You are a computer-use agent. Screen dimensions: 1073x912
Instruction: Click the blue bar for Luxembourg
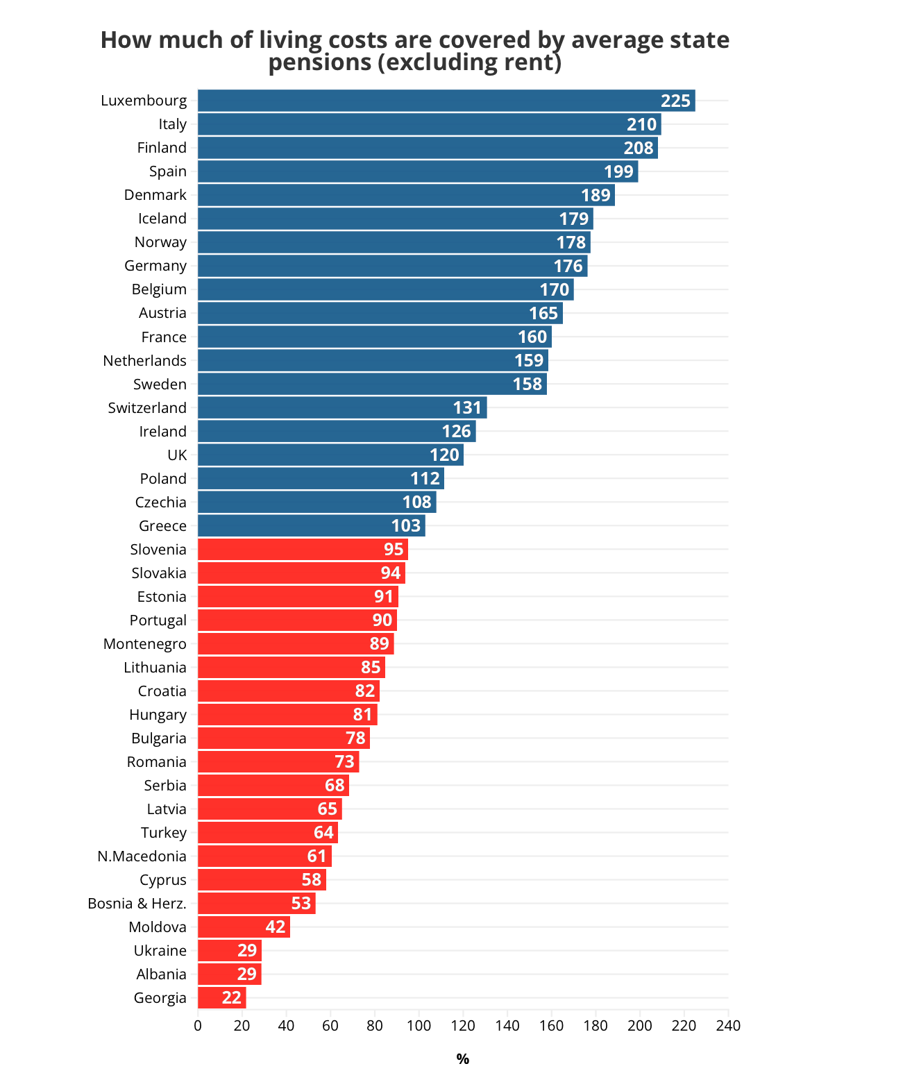point(444,101)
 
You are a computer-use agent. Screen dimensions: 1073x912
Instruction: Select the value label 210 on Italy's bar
point(641,124)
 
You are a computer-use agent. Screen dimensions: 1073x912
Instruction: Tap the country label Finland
point(162,148)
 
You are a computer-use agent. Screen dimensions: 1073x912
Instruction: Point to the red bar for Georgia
point(221,997)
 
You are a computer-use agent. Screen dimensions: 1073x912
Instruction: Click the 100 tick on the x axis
point(419,1026)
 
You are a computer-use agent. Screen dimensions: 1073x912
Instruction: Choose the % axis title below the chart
point(463,1058)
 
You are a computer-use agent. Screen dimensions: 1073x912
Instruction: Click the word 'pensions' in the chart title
point(320,62)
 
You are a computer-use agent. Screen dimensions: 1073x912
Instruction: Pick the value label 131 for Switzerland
point(467,407)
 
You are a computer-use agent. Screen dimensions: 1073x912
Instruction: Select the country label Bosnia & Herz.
point(137,903)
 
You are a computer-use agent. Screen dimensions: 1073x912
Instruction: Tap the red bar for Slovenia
point(302,549)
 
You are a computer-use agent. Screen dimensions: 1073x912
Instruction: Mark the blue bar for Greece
point(311,525)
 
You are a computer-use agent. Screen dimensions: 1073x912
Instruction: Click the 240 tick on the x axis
point(728,1026)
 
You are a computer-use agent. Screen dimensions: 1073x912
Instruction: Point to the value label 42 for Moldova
point(276,927)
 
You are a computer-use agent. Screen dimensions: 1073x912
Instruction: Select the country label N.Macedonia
point(142,856)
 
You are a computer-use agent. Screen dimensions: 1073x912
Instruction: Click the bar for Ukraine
point(229,950)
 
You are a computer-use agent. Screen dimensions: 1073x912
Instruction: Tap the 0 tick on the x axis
point(198,1026)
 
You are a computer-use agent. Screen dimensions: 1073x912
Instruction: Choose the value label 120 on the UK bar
point(444,455)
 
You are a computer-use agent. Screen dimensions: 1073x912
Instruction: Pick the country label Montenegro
point(144,643)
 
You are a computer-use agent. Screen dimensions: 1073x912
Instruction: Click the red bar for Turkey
point(267,832)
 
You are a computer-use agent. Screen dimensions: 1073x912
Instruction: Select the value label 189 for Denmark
point(596,195)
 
